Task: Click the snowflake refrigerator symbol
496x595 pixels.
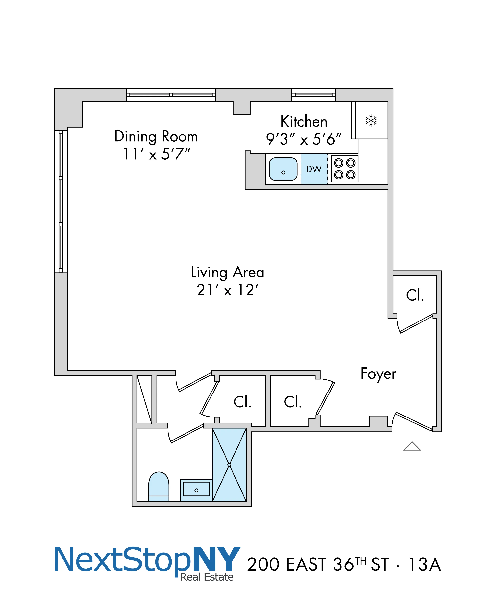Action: [x=371, y=120]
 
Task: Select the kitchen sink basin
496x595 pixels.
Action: [x=283, y=169]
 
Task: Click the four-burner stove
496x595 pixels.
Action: [x=345, y=169]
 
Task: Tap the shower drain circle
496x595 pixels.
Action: [x=229, y=465]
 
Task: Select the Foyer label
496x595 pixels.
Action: [x=378, y=374]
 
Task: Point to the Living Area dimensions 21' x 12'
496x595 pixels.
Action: [x=227, y=290]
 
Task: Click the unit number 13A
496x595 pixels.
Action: [x=424, y=564]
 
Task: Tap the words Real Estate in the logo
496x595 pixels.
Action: [x=207, y=577]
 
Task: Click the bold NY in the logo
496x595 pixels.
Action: [x=217, y=559]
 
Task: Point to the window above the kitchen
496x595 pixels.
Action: [x=313, y=95]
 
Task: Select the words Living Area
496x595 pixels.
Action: [x=227, y=272]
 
